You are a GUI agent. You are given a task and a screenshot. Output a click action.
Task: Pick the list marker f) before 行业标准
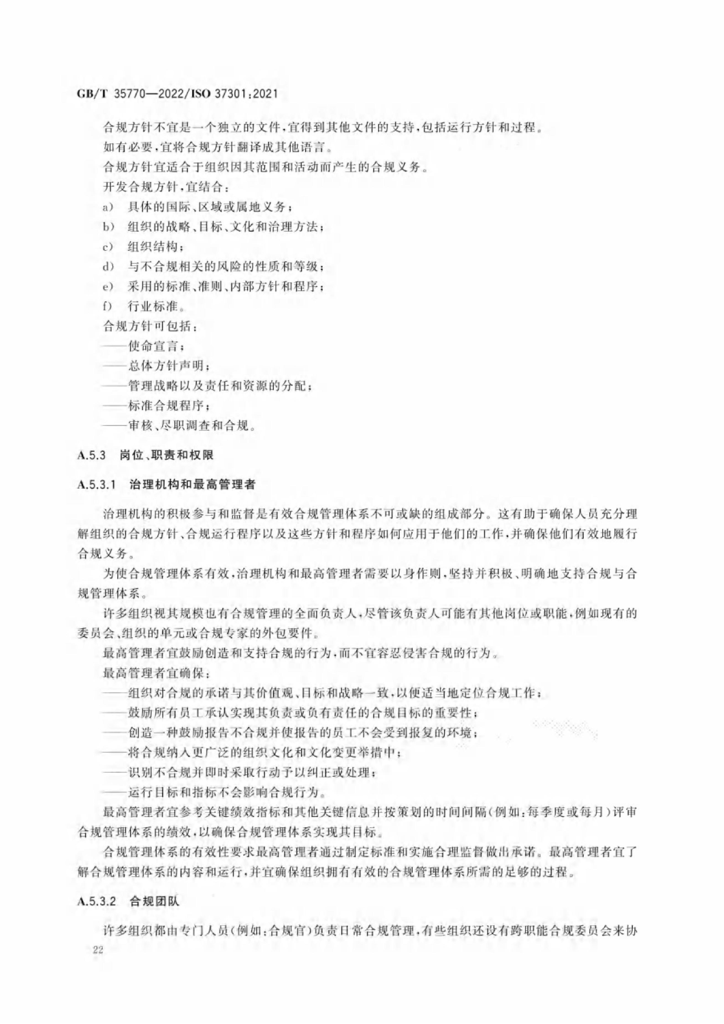tap(107, 306)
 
